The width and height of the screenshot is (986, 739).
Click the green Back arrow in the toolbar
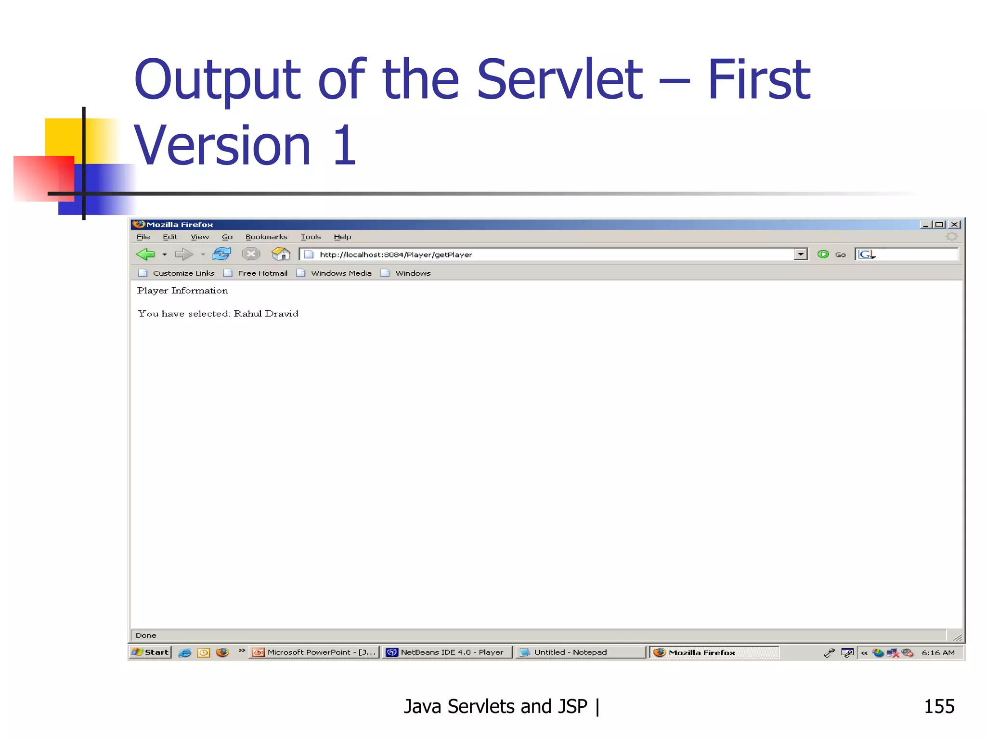click(145, 254)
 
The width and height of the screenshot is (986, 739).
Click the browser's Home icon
click(281, 254)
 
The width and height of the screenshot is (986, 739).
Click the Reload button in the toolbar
click(221, 254)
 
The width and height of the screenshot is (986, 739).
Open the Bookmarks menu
click(266, 237)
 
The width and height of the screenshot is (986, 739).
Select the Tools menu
click(311, 237)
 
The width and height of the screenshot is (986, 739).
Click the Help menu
click(342, 237)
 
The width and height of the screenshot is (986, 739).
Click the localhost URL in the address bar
click(396, 255)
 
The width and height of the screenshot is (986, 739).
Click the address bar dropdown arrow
click(800, 254)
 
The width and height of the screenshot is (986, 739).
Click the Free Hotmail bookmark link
click(262, 273)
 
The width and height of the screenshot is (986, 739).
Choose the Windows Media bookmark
click(341, 273)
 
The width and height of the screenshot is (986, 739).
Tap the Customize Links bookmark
click(183, 273)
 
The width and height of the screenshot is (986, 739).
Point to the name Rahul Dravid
click(266, 314)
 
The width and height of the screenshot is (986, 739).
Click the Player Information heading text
click(182, 291)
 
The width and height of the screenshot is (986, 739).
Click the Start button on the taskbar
click(151, 652)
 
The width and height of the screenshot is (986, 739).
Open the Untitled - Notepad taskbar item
click(570, 652)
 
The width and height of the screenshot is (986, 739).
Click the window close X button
click(955, 225)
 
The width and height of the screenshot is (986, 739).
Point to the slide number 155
click(939, 706)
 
